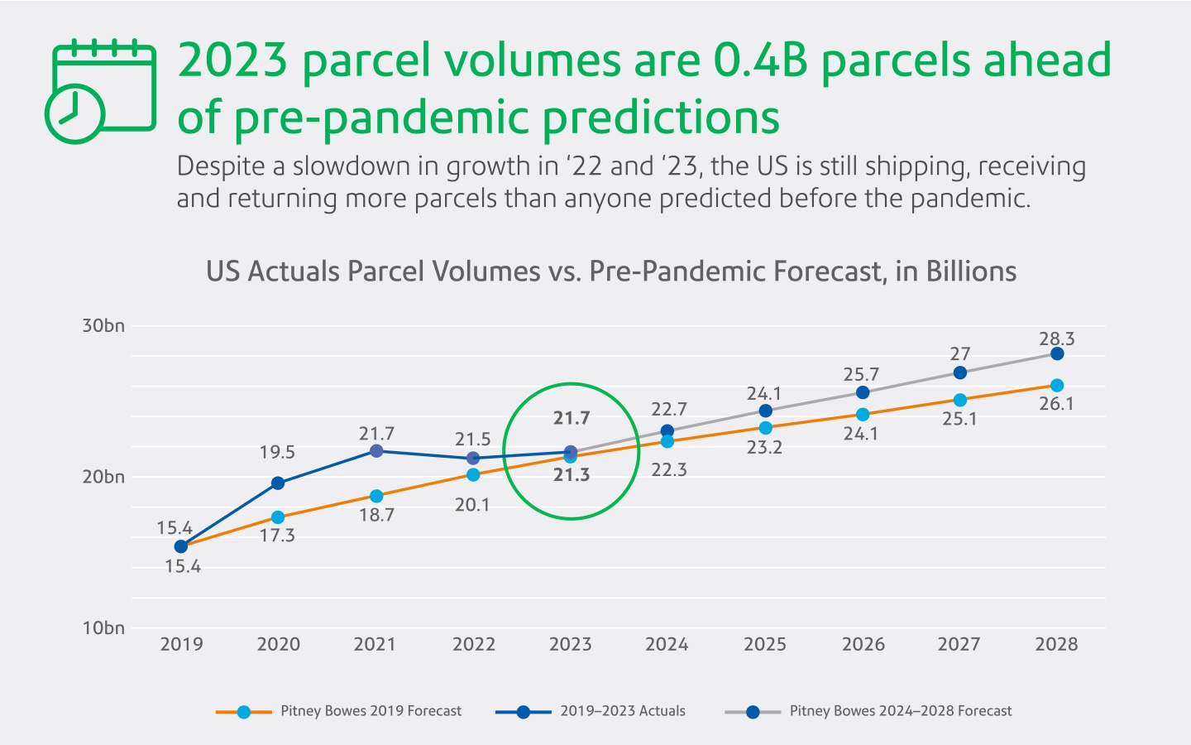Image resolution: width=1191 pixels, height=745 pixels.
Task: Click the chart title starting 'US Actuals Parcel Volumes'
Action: point(610,272)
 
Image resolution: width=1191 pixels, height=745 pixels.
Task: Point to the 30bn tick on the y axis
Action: point(103,325)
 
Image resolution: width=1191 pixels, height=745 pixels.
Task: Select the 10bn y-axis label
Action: point(103,627)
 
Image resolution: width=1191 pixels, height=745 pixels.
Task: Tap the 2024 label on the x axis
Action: point(667,644)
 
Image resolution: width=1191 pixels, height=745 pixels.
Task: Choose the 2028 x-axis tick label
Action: point(1056,644)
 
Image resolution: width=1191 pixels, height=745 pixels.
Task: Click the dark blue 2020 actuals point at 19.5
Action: point(278,483)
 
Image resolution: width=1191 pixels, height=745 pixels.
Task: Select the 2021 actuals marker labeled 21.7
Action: point(376,451)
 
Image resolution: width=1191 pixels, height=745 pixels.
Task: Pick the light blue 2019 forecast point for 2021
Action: point(376,496)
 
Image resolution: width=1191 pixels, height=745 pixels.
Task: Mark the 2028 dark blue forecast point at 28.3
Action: point(1057,353)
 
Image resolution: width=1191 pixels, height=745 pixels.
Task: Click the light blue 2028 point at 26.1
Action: point(1057,386)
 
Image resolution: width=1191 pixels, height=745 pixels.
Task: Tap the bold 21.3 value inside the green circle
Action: point(572,475)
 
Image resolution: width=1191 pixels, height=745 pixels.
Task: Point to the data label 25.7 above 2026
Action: point(861,375)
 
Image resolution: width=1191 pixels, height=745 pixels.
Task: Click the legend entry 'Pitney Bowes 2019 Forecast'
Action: point(371,711)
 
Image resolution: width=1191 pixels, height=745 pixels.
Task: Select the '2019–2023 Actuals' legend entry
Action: point(622,711)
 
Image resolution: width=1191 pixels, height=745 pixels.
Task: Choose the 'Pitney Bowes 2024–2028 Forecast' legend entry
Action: point(900,711)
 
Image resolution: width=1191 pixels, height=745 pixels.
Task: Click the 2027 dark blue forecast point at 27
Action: point(959,372)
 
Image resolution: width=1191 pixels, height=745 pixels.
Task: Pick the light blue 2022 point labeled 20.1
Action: point(473,475)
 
